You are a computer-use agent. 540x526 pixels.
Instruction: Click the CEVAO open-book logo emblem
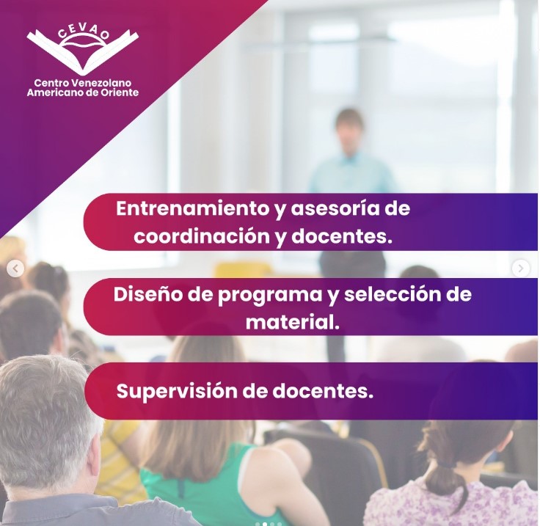[x=82, y=51]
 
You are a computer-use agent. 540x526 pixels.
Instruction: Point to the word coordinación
[x=202, y=237]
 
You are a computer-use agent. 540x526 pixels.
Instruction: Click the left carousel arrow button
[x=15, y=269]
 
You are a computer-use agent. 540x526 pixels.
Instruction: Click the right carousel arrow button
[x=520, y=269]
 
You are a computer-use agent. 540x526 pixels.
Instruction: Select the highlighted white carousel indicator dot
[x=264, y=524]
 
